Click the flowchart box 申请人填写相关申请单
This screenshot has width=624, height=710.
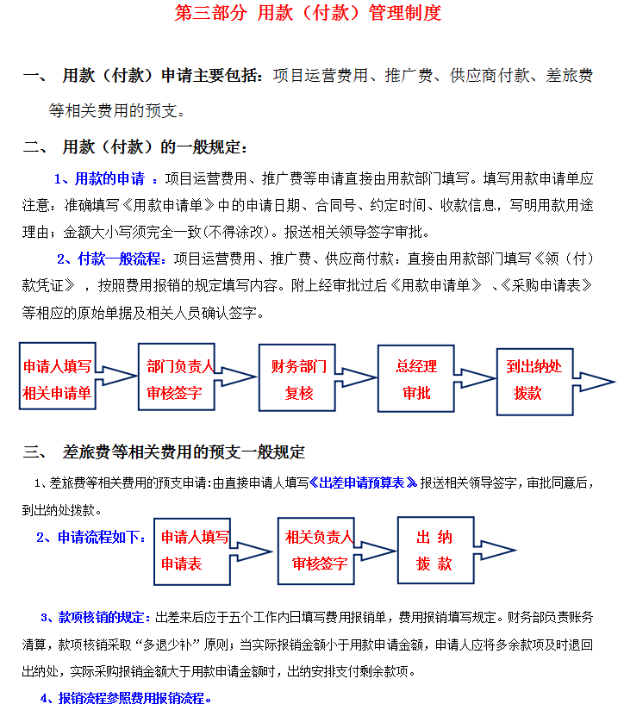coord(57,379)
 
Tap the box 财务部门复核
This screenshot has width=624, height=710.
coord(296,379)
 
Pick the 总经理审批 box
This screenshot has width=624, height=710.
coord(416,379)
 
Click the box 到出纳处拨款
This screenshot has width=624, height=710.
coord(534,379)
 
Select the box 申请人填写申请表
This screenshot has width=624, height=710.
coord(194,550)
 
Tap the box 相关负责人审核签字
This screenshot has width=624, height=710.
coord(316,550)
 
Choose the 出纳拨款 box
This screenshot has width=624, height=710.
coord(434,550)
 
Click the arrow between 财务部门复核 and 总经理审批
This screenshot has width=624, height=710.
coord(354,377)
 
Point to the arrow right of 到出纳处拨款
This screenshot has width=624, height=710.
coord(592,380)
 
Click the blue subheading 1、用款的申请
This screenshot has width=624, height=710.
coord(99,179)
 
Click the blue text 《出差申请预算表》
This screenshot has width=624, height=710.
coord(362,483)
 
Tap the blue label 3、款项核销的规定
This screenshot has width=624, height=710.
coord(96,617)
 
